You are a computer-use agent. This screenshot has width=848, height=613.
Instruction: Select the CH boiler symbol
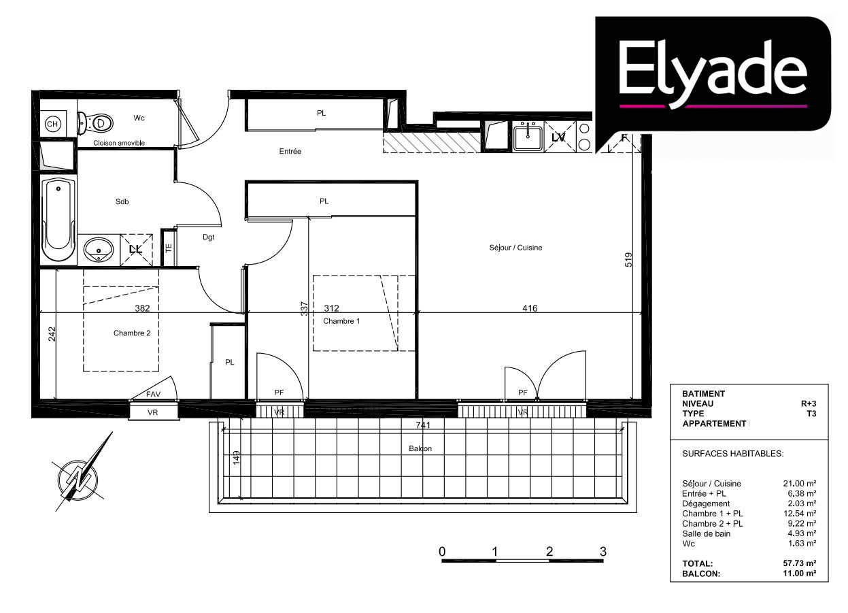pos(52,124)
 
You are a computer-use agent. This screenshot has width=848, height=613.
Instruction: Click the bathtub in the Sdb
pos(58,220)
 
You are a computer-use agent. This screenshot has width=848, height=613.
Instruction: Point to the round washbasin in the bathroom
pos(99,250)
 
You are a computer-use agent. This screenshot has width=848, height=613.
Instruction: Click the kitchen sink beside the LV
pos(528,137)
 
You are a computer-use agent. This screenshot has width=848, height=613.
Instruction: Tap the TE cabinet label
pos(169,248)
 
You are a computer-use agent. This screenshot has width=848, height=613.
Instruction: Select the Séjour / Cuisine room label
pos(515,248)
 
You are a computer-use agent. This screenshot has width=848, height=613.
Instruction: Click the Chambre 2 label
pos(132,333)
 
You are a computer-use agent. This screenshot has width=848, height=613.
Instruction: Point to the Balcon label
pos(420,448)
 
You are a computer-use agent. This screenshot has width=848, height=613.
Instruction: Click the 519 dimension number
pos(628,260)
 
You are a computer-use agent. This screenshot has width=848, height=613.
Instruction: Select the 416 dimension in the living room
pos(530,308)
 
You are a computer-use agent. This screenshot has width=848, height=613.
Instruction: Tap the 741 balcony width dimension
pos(423,425)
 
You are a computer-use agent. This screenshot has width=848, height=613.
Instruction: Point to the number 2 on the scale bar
pos(549,551)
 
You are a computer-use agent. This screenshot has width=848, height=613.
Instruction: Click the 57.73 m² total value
pos(800,563)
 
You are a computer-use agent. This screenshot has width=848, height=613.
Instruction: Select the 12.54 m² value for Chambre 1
pos(800,514)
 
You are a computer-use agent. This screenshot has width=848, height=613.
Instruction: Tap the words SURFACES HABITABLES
pos(733,454)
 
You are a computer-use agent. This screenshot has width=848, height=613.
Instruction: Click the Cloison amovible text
pos(119,143)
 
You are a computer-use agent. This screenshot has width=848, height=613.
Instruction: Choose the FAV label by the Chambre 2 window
pos(153,394)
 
